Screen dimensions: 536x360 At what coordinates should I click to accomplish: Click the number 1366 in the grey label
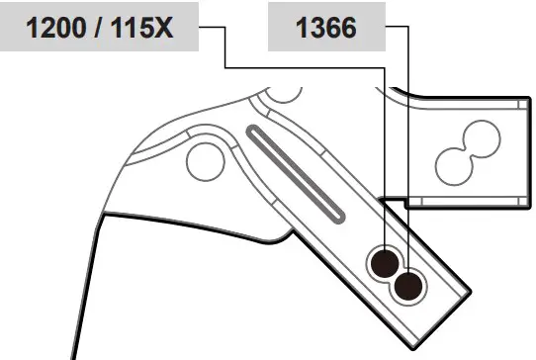tap(326, 28)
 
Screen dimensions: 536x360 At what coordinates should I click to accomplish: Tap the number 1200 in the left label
tap(55, 28)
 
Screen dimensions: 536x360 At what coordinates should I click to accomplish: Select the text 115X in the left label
tap(141, 28)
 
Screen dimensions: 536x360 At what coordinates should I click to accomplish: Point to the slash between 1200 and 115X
tap(98, 28)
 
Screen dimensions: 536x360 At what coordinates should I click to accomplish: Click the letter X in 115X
tap(163, 28)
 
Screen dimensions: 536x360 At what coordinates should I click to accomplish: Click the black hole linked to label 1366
tap(408, 287)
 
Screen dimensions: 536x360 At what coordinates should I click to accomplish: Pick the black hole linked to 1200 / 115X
tap(385, 264)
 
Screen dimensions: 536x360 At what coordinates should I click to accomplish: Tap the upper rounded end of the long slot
tap(253, 132)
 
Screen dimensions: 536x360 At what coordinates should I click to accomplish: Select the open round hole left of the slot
tap(206, 162)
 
